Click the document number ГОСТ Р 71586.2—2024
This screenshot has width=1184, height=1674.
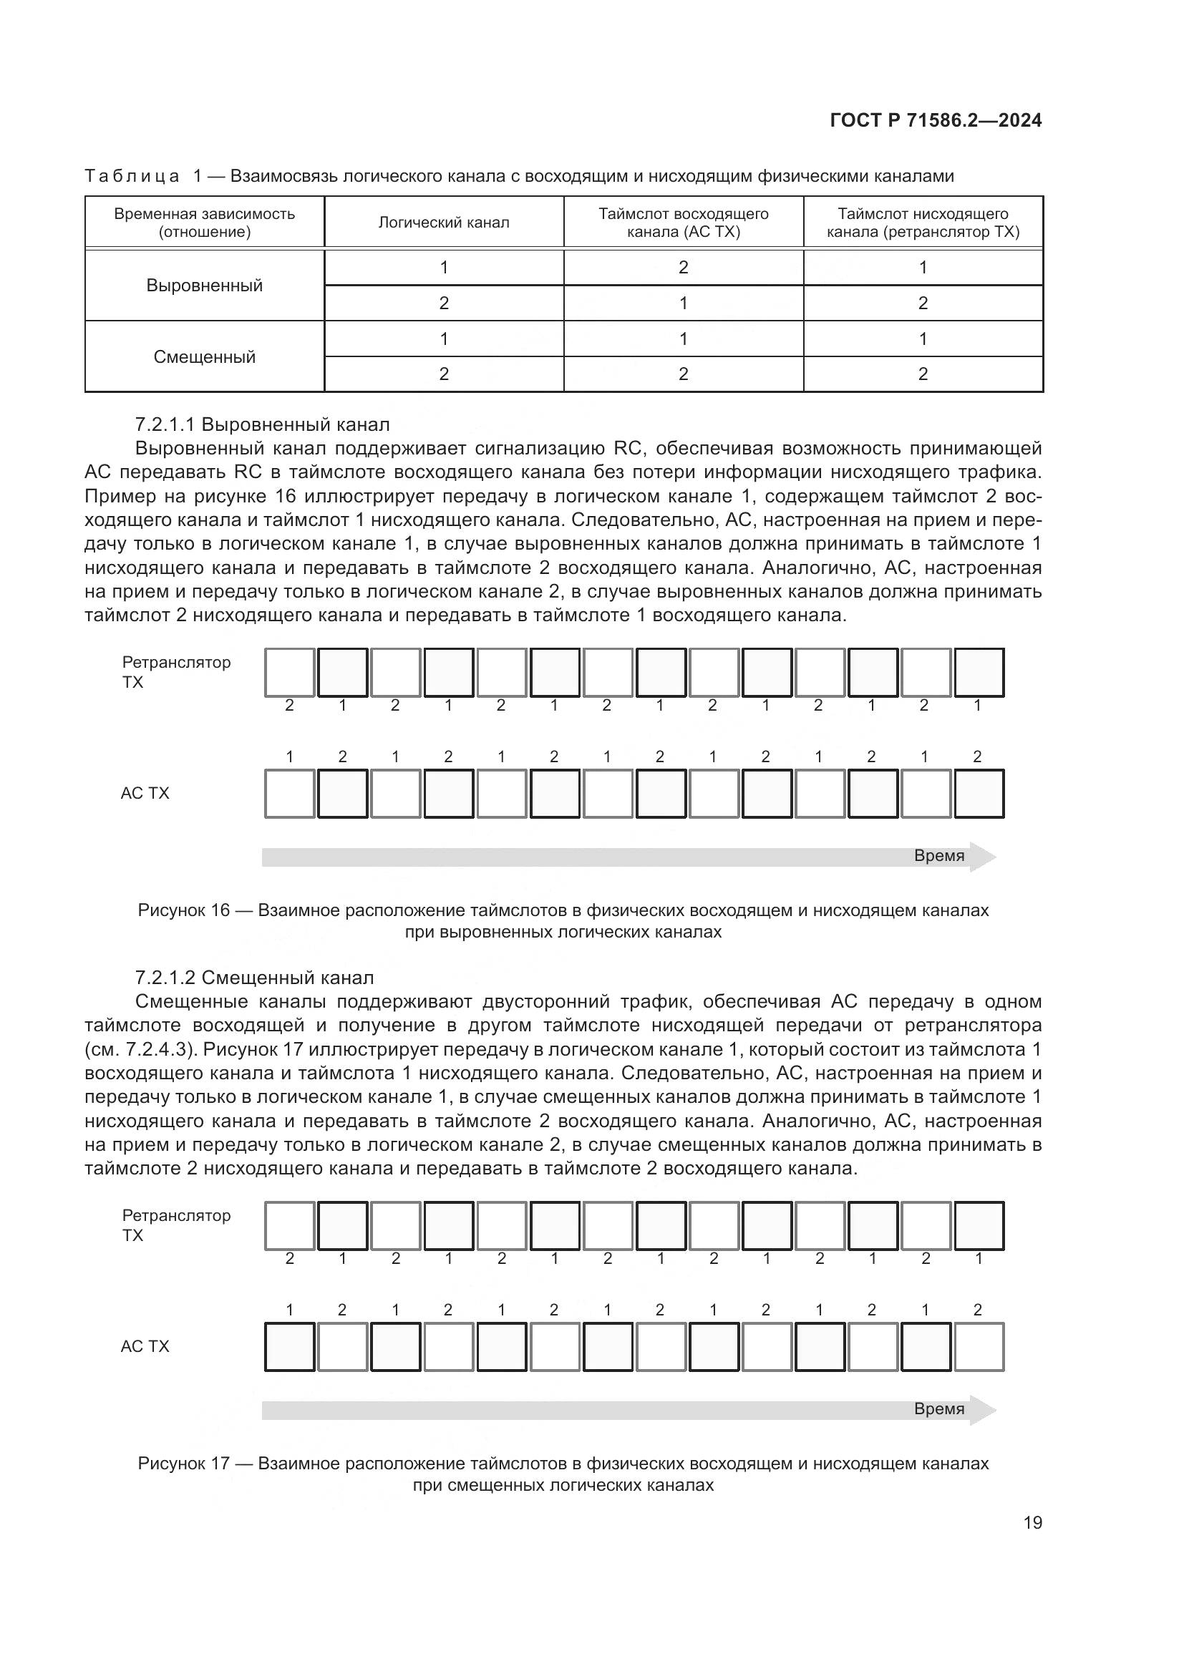tap(936, 121)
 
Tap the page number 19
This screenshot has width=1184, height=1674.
tap(1032, 1522)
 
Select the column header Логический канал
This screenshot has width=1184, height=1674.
tap(443, 223)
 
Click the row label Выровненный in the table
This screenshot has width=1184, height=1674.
tap(204, 286)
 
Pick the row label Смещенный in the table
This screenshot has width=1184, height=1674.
tap(204, 357)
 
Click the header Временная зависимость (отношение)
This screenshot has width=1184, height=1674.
tap(204, 223)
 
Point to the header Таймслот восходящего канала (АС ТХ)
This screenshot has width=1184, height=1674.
tap(683, 223)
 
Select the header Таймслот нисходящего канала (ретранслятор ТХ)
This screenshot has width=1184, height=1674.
tap(922, 223)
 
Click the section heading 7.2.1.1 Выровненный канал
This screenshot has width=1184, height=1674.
tap(263, 424)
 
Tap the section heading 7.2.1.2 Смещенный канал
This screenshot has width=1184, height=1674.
tap(254, 978)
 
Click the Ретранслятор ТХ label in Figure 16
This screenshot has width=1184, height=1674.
tap(175, 672)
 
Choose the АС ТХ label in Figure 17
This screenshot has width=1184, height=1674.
tap(145, 1347)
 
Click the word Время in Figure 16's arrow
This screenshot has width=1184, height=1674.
tap(939, 856)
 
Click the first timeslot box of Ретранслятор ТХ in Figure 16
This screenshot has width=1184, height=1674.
tap(289, 672)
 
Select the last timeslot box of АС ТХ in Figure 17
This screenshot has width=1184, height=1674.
tap(979, 1347)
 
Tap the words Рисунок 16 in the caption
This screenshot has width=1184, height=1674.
tap(184, 910)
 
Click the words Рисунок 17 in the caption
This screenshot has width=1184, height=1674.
tap(184, 1464)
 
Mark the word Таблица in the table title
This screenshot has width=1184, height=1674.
tap(132, 177)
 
